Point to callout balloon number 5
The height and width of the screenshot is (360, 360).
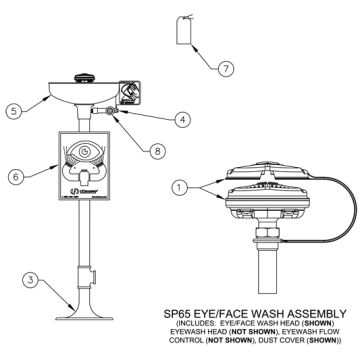pyautogui.click(x=13, y=112)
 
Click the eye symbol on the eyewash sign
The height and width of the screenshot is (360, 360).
pyautogui.click(x=84, y=154)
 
